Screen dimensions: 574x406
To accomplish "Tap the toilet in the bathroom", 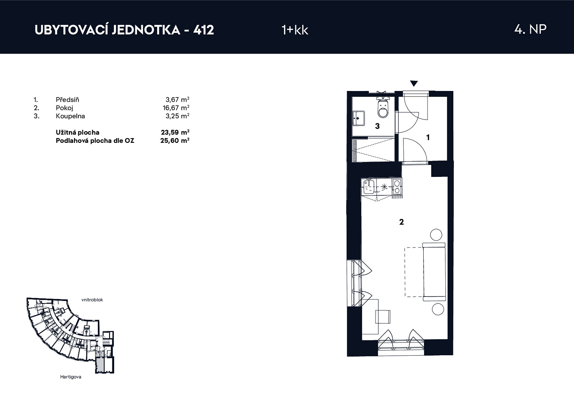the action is [383, 107].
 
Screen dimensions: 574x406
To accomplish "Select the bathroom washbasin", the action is [358, 118].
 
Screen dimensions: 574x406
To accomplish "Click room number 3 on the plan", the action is [377, 126].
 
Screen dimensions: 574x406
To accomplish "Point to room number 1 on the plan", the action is [428, 138].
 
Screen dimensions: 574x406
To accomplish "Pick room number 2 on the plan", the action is [401, 222].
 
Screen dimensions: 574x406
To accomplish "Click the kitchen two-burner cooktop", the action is [397, 187].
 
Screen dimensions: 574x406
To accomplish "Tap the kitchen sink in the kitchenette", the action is [369, 187].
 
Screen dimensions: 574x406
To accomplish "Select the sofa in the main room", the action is [434, 272].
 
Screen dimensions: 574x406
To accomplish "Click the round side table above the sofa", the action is [436, 235].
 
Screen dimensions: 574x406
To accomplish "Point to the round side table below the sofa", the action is [438, 309].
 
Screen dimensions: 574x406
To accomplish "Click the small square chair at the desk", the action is [383, 317].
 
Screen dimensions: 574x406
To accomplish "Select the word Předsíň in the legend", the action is [67, 100].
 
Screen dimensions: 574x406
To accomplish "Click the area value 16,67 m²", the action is [176, 108].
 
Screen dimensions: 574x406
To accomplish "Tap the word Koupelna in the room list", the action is [70, 116].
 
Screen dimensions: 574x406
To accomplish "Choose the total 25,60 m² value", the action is [175, 140].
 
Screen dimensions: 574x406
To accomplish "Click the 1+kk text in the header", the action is [295, 30].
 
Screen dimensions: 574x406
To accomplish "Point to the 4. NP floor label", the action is [531, 29].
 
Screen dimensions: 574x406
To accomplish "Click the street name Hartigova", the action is [71, 377].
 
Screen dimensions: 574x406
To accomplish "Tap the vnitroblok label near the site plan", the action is [92, 300].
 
